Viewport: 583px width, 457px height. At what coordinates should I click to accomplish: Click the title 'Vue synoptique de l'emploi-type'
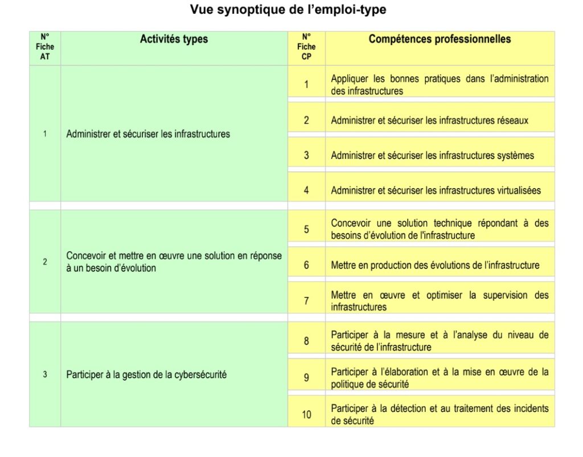(291, 10)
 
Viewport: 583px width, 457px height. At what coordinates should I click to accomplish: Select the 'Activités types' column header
(174, 39)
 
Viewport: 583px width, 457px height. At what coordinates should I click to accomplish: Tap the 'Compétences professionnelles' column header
(440, 39)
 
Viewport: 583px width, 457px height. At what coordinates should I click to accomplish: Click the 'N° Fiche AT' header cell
(45, 47)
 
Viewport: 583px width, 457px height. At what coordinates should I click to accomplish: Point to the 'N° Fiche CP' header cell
(306, 47)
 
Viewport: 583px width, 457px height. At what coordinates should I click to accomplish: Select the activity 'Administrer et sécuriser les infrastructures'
(148, 134)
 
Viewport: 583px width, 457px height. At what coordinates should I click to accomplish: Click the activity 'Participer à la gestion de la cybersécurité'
(146, 375)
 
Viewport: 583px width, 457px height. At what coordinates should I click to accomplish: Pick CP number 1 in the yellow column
(306, 84)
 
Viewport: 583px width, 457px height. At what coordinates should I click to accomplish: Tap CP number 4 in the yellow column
(306, 190)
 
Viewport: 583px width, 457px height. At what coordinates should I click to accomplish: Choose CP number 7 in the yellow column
(306, 301)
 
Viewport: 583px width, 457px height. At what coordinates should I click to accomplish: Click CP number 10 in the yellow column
(306, 414)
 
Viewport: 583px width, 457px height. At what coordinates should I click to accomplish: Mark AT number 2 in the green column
(45, 262)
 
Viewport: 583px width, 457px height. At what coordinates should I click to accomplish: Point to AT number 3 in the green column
(45, 375)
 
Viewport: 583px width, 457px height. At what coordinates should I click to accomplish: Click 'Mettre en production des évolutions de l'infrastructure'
(435, 265)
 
